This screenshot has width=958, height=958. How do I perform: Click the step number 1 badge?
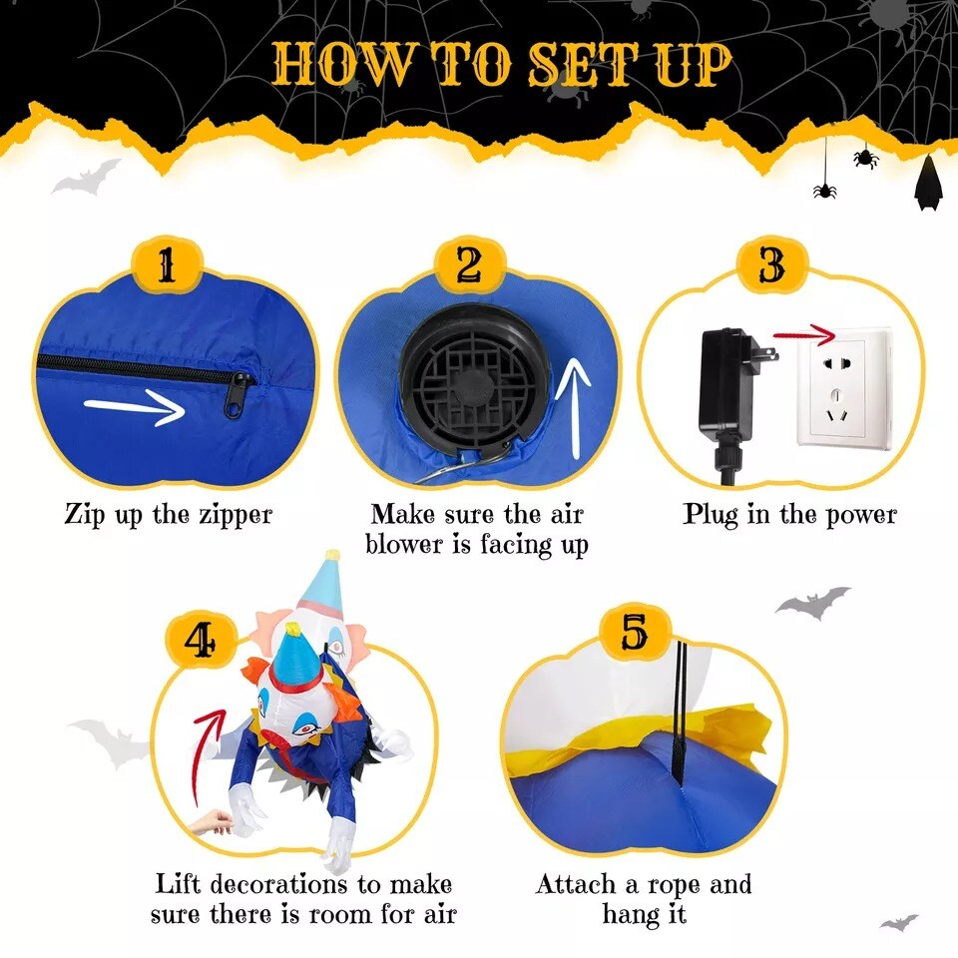click(x=167, y=265)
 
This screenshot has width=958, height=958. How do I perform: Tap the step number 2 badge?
click(x=470, y=265)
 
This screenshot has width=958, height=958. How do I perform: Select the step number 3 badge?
click(x=771, y=263)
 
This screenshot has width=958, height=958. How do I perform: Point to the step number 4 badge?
click(x=201, y=641)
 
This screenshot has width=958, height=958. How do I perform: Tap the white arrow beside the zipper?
click(x=135, y=407)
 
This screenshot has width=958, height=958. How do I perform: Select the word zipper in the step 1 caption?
click(x=236, y=515)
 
